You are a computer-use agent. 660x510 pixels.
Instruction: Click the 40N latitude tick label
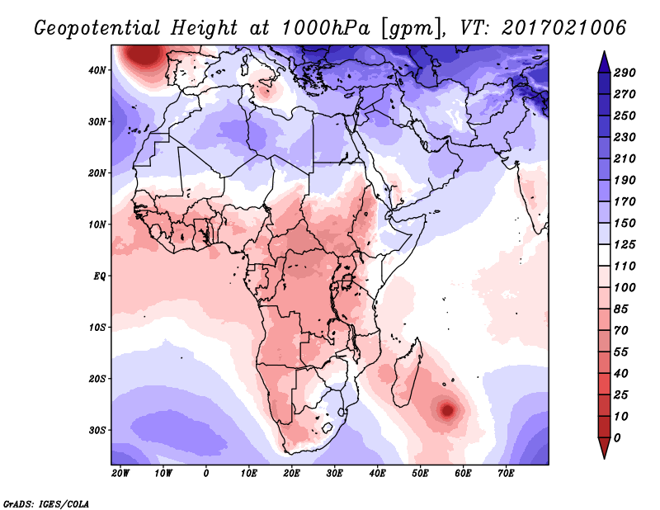pos(97,70)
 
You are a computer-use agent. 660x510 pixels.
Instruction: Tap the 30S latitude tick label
pos(97,431)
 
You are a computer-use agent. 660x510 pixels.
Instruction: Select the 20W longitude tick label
pos(120,474)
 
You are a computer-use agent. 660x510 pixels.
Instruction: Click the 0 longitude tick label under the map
pos(205,474)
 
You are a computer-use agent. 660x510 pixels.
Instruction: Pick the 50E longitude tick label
pos(420,474)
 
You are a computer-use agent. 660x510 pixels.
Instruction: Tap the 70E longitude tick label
pos(506,474)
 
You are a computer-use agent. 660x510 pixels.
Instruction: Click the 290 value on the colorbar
pos(625,73)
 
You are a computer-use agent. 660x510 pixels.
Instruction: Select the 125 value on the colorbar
pos(625,244)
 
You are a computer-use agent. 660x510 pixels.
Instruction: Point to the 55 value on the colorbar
pos(621,352)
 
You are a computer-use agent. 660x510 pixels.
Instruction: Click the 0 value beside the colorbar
pos(617,438)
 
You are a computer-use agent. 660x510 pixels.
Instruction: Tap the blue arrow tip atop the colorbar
pos(604,52)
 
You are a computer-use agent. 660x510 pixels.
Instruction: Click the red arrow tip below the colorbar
pos(604,458)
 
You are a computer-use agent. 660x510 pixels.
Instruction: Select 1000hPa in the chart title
pos(325,28)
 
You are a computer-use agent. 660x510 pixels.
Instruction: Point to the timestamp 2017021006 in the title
pos(564,28)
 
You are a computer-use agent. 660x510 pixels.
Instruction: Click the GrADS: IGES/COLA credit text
pos(46,504)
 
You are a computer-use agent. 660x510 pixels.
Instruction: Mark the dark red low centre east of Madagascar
pos(447,409)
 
